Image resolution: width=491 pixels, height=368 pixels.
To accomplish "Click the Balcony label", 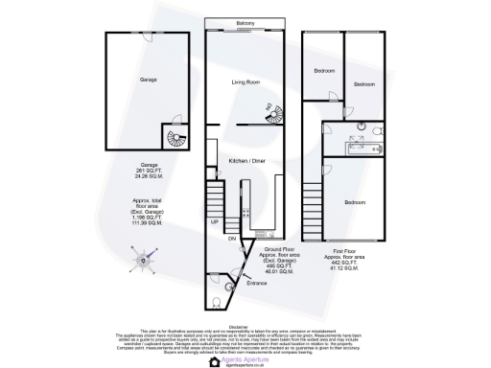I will pos(245,24).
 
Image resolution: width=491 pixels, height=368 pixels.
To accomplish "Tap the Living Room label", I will pos(246,82).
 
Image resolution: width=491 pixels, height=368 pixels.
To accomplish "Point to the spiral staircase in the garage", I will pos(175,139).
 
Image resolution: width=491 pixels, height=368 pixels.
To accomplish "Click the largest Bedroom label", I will pos(354,202).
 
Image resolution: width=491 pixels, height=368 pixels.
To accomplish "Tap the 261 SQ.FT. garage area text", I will pos(149,170).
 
